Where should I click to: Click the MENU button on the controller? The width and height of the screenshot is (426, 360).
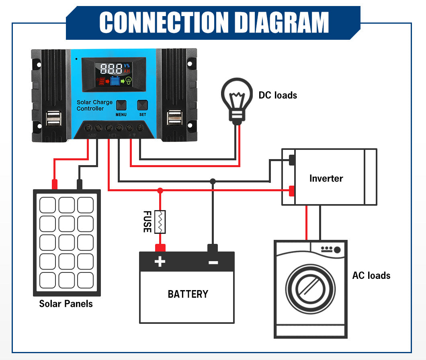coord(121,106)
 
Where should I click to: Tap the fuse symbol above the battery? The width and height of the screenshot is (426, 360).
coord(160,222)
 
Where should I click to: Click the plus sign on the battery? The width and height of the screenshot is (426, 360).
coord(160,262)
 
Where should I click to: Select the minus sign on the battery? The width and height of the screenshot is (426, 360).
coord(213,262)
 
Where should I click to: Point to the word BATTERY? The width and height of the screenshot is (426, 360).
coord(188,294)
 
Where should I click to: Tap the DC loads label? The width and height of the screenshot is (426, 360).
coord(278,95)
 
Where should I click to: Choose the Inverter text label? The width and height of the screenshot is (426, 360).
coord(326,178)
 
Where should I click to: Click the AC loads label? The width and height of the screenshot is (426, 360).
coord(371,276)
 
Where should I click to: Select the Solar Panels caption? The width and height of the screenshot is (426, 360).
coord(66,304)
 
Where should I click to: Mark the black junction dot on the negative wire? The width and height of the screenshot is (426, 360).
coord(213,181)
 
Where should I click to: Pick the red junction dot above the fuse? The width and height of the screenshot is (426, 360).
coord(160,190)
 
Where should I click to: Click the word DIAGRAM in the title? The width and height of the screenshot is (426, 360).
coord(282,22)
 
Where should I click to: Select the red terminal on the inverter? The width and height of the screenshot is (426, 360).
coord(292,190)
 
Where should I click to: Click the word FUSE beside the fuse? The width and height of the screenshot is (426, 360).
coord(147,221)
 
